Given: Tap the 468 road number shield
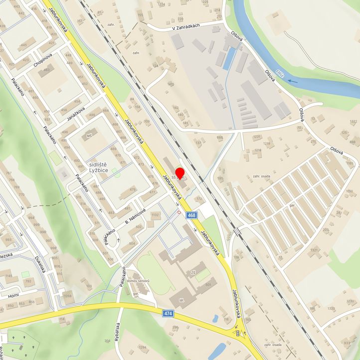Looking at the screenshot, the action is pos(192,215).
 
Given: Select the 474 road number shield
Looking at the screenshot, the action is pos(168,313).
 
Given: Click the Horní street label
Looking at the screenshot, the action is pos(13,295).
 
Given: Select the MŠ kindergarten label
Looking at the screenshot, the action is pos(90,136).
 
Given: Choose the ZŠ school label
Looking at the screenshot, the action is pos(193,273).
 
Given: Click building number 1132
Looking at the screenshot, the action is pos(156,215).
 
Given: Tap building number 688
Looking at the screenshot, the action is pos(220,137).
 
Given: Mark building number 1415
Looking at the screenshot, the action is pos(171,84).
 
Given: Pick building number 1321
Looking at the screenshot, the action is pos(313,250).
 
